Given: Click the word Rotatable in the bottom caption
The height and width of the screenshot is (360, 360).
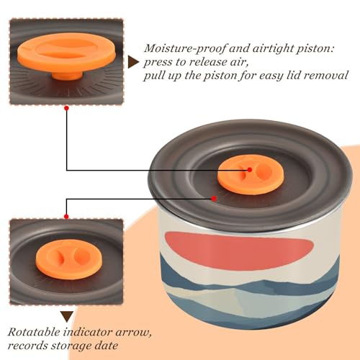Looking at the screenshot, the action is [x=34, y=332].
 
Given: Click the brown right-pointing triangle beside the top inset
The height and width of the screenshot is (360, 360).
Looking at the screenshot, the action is [x=133, y=62].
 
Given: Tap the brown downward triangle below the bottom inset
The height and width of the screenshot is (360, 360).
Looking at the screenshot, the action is [x=67, y=316].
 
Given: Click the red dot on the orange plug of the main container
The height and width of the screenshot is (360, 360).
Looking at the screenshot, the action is [x=250, y=170].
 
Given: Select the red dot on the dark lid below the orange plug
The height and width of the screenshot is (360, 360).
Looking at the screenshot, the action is [x=214, y=199].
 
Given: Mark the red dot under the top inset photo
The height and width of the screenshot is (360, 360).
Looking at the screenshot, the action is [x=67, y=108].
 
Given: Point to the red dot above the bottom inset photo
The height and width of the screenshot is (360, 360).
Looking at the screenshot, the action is [x=66, y=217].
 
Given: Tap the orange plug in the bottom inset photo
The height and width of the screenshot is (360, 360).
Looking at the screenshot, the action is [x=68, y=259].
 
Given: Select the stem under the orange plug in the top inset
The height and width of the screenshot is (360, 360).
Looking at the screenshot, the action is [x=67, y=76].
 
